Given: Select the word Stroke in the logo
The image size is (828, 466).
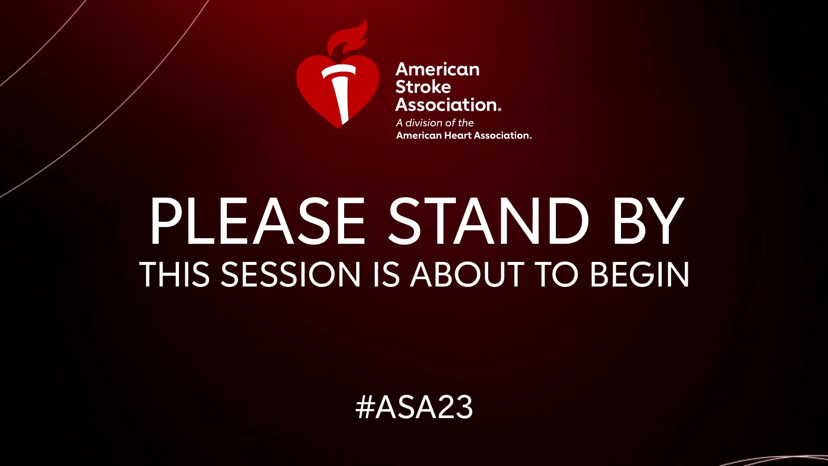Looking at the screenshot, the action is (423, 87).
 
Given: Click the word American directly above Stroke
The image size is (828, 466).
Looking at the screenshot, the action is (437, 69).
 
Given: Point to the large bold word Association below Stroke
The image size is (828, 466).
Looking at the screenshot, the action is (446, 104).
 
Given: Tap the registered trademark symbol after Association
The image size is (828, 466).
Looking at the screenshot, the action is (499, 110).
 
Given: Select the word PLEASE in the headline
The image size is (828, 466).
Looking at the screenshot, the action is (257, 221).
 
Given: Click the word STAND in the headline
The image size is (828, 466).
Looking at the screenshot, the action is (489, 221).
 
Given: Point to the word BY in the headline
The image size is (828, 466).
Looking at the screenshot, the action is (648, 221).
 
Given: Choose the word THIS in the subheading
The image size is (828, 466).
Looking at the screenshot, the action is (175, 274).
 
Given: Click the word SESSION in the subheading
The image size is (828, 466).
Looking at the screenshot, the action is (291, 274).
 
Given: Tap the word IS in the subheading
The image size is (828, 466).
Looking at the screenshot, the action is (386, 274).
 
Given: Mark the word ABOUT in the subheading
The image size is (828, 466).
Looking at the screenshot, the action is (467, 274).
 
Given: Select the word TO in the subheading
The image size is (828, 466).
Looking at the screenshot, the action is (556, 274).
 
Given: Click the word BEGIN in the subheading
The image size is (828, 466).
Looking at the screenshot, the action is (640, 274).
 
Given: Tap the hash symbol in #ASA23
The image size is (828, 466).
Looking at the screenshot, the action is (364, 407).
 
